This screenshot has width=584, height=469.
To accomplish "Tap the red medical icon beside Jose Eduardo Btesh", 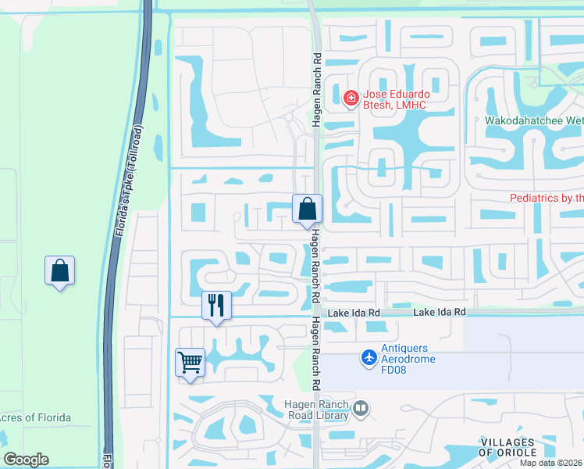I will pyautogui.click(x=351, y=98).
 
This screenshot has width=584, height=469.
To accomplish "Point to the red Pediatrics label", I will pyautogui.click(x=547, y=199).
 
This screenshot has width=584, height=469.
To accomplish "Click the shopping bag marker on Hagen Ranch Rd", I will pyautogui.click(x=308, y=209).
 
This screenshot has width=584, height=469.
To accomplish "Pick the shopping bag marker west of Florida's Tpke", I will pyautogui.click(x=60, y=271).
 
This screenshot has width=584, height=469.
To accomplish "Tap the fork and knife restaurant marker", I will pyautogui.click(x=216, y=304).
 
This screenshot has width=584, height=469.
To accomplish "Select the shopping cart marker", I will pyautogui.click(x=191, y=363).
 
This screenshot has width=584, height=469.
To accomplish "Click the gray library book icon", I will pyautogui.click(x=361, y=408).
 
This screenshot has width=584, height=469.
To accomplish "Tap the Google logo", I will pyautogui.click(x=26, y=460).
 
